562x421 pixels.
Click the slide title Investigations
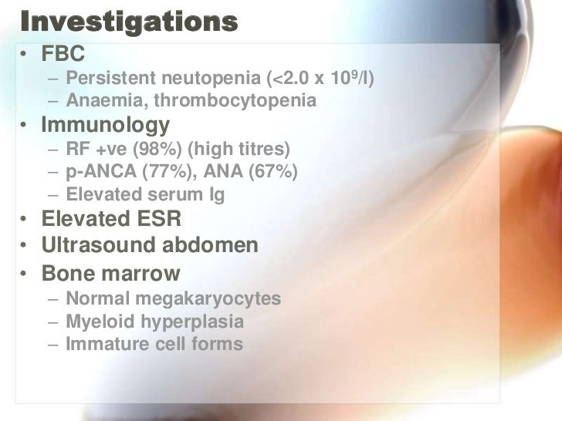[x=127, y=22]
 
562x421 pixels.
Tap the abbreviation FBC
[x=63, y=55]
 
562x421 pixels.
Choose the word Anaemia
[x=100, y=100]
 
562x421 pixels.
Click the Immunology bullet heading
[x=105, y=124]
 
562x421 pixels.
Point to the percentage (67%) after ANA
[x=271, y=170]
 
